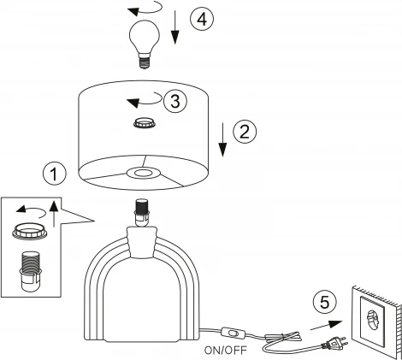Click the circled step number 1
[x=54, y=174]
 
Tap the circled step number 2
[x=245, y=132]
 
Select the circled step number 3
[x=175, y=101]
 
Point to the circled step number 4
[x=202, y=20]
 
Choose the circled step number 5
[x=325, y=302]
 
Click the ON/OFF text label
[x=225, y=351]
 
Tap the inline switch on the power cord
[x=233, y=333]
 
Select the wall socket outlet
[x=373, y=317]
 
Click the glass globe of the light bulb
[x=145, y=35]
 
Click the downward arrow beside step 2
[x=223, y=139]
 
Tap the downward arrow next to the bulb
[x=175, y=27]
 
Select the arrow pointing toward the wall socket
[x=326, y=325]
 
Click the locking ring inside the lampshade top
[x=145, y=123]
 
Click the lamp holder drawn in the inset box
[x=30, y=271]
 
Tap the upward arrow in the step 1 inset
[x=54, y=214]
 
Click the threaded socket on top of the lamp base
[x=142, y=213]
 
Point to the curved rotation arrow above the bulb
[x=145, y=9]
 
